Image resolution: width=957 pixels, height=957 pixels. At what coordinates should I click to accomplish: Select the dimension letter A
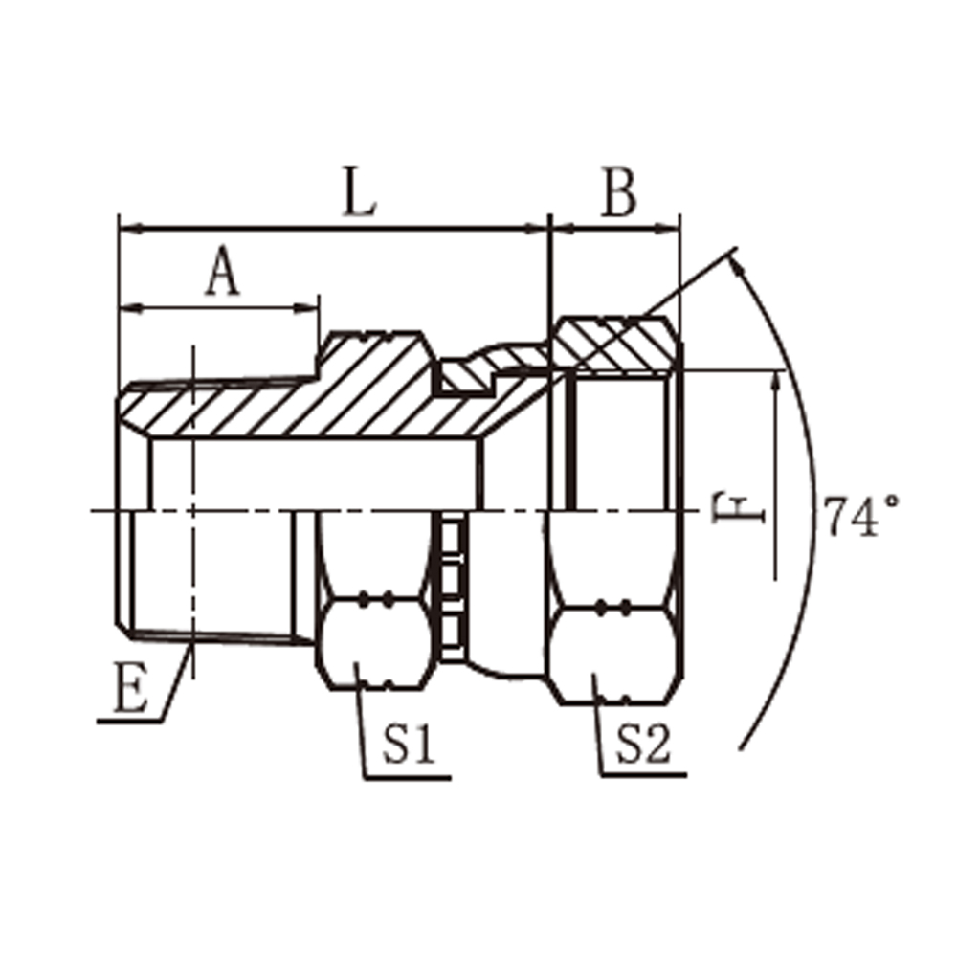pyautogui.click(x=222, y=271)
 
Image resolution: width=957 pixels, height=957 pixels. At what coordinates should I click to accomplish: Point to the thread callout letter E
pyautogui.click(x=130, y=687)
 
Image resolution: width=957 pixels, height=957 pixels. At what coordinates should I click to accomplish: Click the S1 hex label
pyautogui.click(x=409, y=744)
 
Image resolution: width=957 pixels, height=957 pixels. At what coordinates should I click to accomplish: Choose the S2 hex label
pyautogui.click(x=643, y=744)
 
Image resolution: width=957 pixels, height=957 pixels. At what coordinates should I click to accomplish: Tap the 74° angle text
pyautogui.click(x=860, y=516)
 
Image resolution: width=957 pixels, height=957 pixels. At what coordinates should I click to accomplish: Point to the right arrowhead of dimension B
pyautogui.click(x=667, y=230)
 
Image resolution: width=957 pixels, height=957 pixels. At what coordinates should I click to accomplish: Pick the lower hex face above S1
pyautogui.click(x=376, y=644)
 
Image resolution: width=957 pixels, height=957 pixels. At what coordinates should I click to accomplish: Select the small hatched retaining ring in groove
pyautogui.click(x=467, y=376)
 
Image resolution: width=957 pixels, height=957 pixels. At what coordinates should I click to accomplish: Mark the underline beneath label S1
pyautogui.click(x=407, y=778)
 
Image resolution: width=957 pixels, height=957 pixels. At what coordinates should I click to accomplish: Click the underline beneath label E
pyautogui.click(x=129, y=722)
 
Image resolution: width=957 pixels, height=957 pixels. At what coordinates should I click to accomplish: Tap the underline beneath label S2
pyautogui.click(x=644, y=775)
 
